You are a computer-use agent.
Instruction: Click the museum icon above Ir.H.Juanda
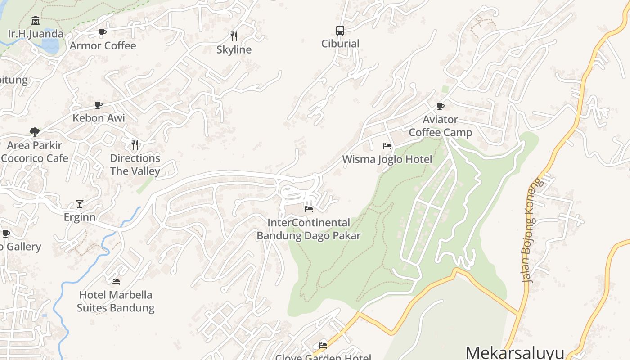[x=36, y=21]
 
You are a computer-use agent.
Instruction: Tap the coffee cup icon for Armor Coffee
[x=103, y=32]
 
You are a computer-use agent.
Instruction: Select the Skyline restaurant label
[x=234, y=49]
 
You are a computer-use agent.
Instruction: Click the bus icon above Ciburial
[x=340, y=31]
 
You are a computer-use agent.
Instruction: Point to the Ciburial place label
[x=340, y=44]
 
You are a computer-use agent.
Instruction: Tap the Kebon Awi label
[x=99, y=118]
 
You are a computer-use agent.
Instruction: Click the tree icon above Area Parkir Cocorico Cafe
[x=35, y=132]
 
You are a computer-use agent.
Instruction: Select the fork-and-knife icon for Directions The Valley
[x=135, y=144]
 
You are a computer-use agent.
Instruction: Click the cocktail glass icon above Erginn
[x=80, y=204]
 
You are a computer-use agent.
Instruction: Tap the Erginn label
[x=80, y=217]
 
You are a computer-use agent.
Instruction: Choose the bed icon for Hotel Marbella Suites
[x=116, y=282]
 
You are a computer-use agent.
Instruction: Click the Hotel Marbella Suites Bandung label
[x=116, y=301]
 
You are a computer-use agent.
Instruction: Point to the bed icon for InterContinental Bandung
[x=309, y=209]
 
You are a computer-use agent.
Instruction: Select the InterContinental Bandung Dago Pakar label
[x=309, y=229]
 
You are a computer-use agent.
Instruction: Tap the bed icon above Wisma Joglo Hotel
[x=387, y=146]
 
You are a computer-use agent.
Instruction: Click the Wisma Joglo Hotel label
[x=387, y=159]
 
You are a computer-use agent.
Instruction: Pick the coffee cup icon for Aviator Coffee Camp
[x=441, y=107]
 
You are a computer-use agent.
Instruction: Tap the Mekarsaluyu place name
[x=515, y=352]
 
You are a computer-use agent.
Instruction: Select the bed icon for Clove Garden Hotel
[x=323, y=346]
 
